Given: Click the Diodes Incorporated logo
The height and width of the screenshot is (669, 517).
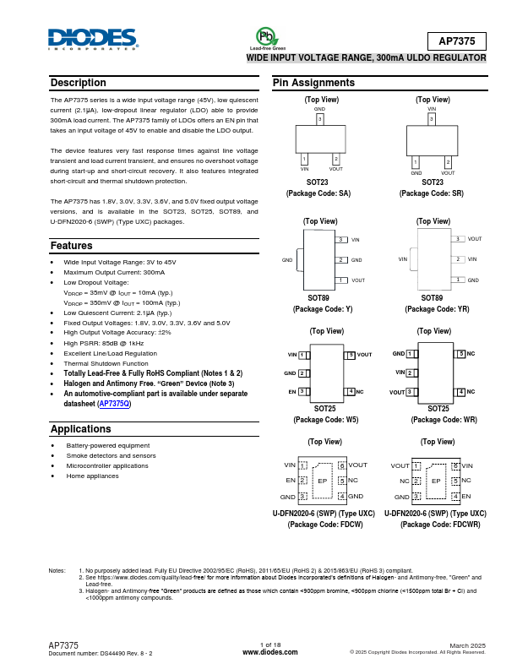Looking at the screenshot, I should pos(93,39).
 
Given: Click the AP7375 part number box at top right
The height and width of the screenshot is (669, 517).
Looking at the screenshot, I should pos(456,41).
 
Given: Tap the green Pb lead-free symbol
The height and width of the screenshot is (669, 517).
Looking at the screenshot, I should pos(267,36).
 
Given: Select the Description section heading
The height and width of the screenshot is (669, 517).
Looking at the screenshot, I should pos(79,83).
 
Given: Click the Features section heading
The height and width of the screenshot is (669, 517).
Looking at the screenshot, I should pos(72,246).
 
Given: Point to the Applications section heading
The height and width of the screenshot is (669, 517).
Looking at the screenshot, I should pos(81,429).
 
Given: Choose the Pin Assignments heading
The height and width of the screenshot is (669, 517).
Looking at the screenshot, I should pos(313,83).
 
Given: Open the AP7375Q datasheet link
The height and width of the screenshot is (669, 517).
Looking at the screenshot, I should pos(114,404).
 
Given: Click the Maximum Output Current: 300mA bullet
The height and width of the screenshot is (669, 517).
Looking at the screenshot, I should pos(114,273).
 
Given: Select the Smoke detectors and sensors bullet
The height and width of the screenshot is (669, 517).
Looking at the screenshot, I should pos(111,455).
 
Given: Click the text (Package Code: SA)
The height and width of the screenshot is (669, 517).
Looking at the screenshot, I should pos(318,193).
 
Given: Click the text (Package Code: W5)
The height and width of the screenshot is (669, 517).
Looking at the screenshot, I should pos(324,419).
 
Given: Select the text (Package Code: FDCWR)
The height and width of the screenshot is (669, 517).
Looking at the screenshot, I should pos(434,525).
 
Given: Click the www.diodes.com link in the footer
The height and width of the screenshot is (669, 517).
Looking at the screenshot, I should pos(269,652).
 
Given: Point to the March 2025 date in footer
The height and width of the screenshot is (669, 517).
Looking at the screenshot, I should pos(467,645).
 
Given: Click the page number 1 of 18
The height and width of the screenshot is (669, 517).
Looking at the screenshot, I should pos(269,645).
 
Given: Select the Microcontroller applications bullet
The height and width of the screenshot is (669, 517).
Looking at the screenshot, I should pos(107,465).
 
